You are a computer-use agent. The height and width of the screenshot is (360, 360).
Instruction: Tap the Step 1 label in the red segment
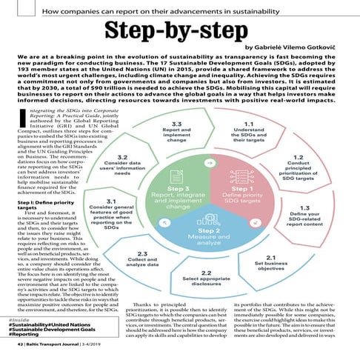[x=242, y=188]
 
